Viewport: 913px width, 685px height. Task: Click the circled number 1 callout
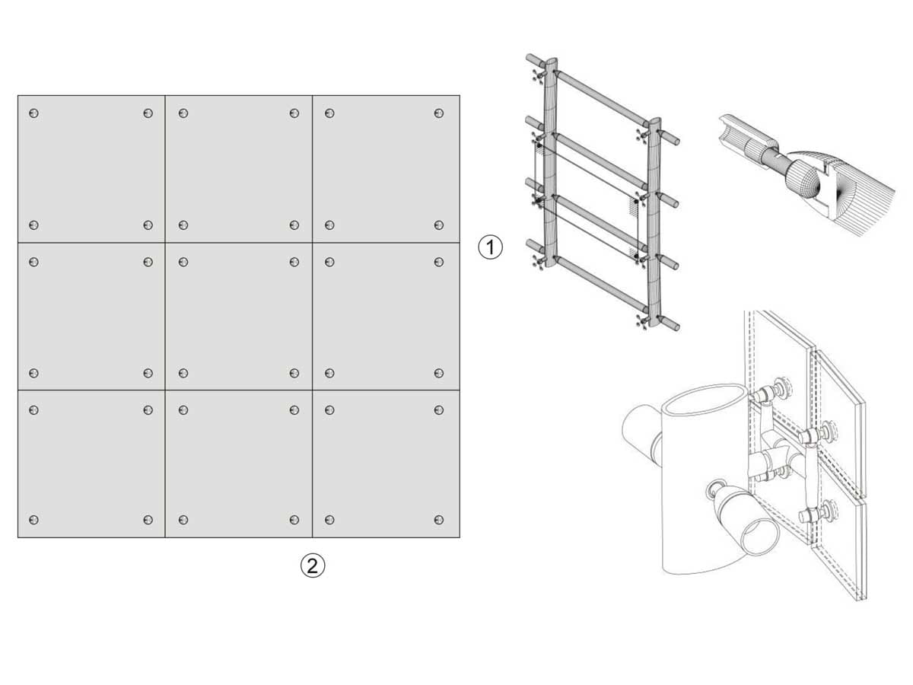(x=490, y=247)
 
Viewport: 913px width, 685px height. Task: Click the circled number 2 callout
(x=313, y=566)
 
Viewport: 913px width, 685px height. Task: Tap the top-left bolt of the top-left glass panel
(x=34, y=113)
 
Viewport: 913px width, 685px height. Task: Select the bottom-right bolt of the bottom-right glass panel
(x=439, y=520)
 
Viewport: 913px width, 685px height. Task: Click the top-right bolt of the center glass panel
(x=294, y=262)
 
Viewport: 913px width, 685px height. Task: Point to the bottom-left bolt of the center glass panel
(x=183, y=373)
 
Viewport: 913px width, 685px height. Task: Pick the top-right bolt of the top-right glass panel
(x=439, y=113)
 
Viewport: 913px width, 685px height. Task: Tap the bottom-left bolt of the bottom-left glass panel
(x=34, y=520)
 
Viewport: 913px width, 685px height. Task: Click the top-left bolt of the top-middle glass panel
(x=183, y=113)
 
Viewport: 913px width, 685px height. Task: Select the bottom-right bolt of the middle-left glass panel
(x=148, y=373)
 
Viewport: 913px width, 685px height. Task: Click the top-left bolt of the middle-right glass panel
(x=330, y=262)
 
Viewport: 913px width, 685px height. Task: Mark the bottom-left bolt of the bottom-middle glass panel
(x=183, y=520)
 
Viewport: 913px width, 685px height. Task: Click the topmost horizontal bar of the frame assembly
(x=601, y=98)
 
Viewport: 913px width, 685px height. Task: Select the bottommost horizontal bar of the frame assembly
(x=601, y=285)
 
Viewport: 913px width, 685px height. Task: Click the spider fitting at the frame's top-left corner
(x=538, y=77)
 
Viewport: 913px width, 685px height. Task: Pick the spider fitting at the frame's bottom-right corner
(x=643, y=322)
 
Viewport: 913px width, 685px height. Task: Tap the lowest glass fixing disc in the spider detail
(x=831, y=509)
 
